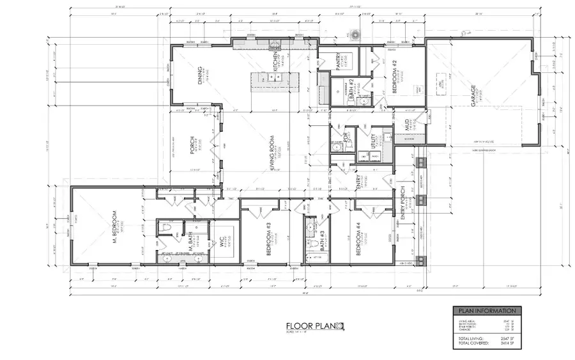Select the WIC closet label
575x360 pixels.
(221, 237)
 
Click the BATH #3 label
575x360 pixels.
(321, 244)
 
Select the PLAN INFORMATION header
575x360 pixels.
(486, 311)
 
